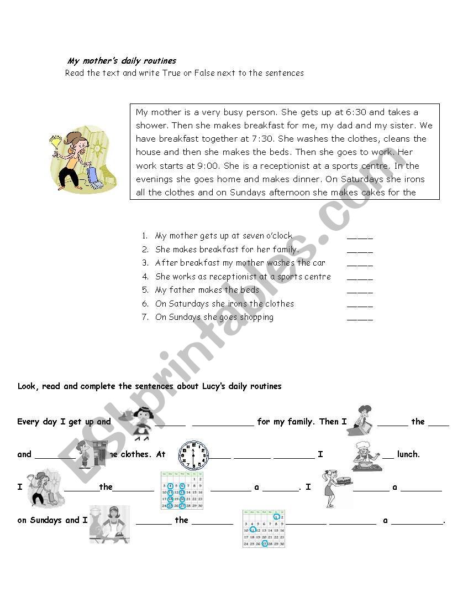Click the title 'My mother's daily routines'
pos(122,61)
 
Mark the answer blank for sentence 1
pos(360,236)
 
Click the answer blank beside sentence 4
pos(360,277)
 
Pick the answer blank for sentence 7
pos(360,318)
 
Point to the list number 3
pos(145,263)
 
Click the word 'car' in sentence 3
pos(319,263)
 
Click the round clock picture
pos(193,455)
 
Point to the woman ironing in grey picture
pos(110,524)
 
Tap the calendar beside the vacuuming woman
pos(182,490)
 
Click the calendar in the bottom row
pos(264,529)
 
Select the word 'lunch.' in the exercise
pos(408,454)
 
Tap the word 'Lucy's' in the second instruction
pos(222,386)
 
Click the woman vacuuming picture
pos(43,487)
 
